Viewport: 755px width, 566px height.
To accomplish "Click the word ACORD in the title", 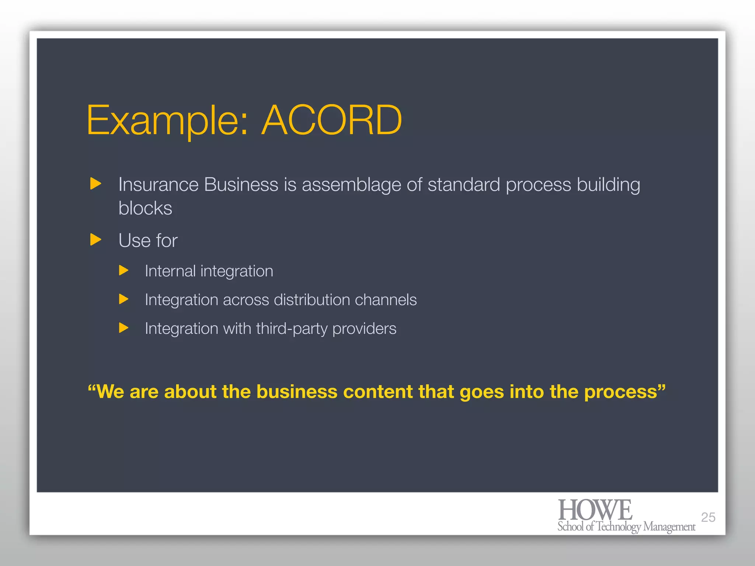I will tap(331, 120).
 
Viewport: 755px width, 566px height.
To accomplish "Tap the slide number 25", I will tap(708, 517).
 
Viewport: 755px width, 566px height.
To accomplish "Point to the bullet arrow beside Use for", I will tap(95, 240).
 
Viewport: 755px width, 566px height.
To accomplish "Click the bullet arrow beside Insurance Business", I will tap(95, 184).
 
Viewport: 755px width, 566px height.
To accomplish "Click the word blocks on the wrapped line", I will tap(145, 208).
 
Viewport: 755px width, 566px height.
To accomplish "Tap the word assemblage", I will tap(351, 185).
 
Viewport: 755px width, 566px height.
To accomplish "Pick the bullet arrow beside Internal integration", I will tap(123, 271).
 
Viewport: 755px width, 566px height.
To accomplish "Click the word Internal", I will tap(170, 271).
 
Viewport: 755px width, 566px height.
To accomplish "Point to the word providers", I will tap(364, 329).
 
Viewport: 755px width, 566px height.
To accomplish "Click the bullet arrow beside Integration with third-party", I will tap(123, 328).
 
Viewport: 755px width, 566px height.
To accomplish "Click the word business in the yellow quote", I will tap(297, 392).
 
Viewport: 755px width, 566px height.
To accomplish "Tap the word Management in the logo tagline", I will tap(669, 527).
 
